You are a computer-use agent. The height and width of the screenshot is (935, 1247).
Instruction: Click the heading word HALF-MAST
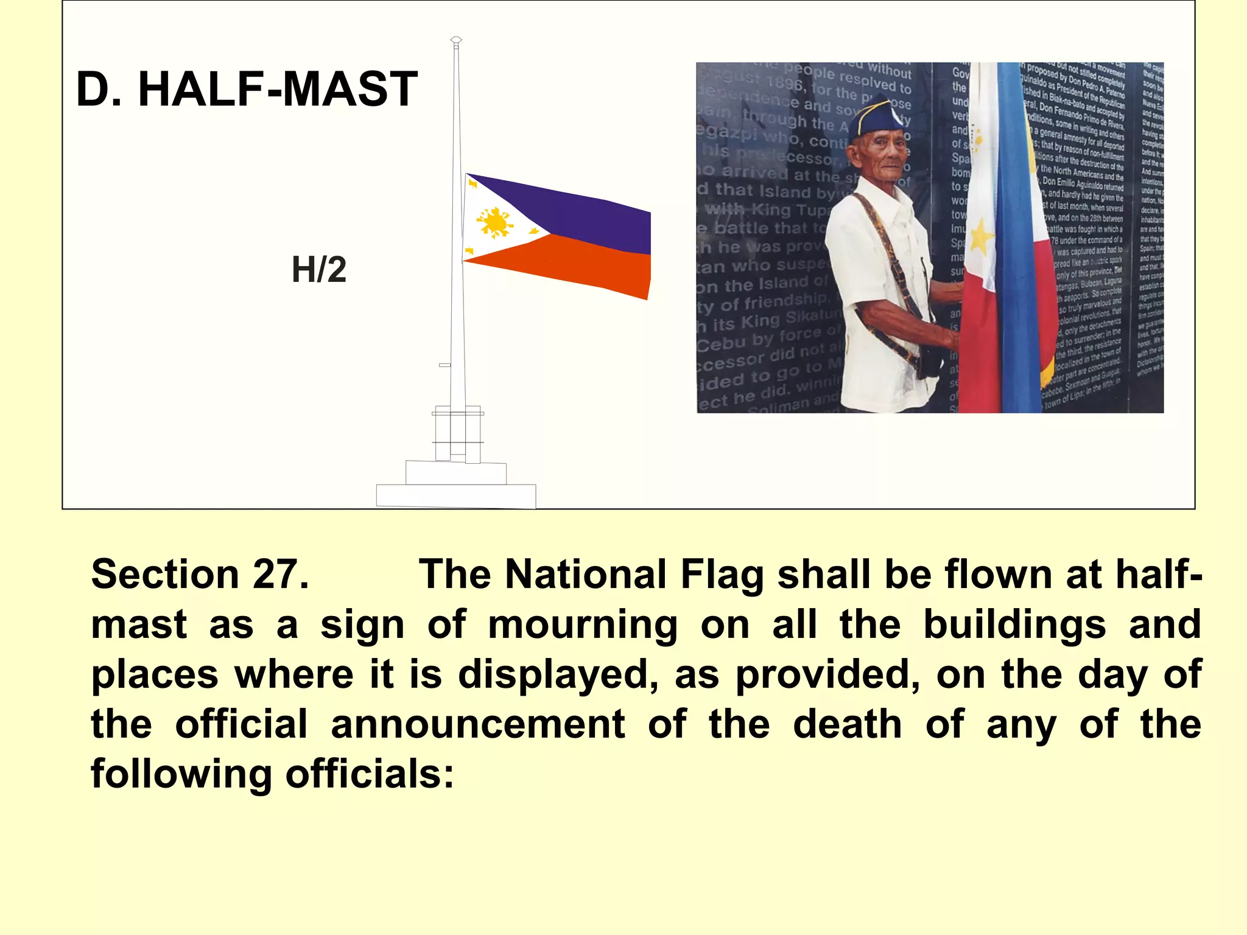(x=278, y=89)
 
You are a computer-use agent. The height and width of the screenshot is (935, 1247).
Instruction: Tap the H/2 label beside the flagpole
(x=319, y=270)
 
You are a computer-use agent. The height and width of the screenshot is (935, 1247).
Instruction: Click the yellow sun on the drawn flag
(x=495, y=222)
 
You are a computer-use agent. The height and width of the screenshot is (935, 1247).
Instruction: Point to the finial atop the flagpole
(x=456, y=41)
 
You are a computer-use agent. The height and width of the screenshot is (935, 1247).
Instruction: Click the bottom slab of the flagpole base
(x=456, y=496)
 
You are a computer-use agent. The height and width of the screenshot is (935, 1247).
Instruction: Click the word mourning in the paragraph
(x=583, y=625)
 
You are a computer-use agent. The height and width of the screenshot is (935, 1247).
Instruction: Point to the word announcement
(x=478, y=724)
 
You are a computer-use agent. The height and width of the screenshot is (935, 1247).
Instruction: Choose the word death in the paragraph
(x=847, y=724)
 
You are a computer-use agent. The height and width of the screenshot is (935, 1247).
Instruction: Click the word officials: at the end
(x=370, y=774)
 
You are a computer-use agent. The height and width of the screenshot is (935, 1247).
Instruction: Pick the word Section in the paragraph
(x=165, y=574)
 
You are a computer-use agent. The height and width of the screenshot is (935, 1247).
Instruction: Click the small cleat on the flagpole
(x=445, y=365)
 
